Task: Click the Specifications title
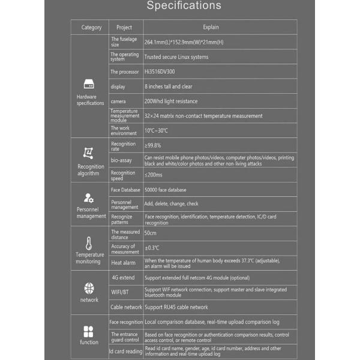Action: pyautogui.click(x=184, y=7)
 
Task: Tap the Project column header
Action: pyautogui.click(x=124, y=27)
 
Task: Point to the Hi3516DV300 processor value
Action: pyautogui.click(x=161, y=72)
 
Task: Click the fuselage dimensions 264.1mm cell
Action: pyautogui.click(x=183, y=43)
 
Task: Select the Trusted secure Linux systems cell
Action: pyautogui.click(x=176, y=57)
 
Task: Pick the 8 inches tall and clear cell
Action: pyautogui.click(x=169, y=86)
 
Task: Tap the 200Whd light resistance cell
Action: pyautogui.click(x=171, y=101)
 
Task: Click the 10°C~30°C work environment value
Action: pyautogui.click(x=157, y=130)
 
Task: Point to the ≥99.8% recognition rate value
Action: pyautogui.click(x=153, y=145)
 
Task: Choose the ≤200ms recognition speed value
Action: pyautogui.click(x=154, y=175)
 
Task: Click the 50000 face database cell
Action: pyautogui.click(x=166, y=190)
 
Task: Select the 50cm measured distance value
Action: pyautogui.click(x=151, y=233)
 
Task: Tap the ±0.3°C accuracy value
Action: pyautogui.click(x=152, y=248)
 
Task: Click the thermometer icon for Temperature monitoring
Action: pyautogui.click(x=89, y=243)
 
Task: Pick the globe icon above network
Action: pyautogui.click(x=89, y=288)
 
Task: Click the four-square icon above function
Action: pyautogui.click(x=89, y=331)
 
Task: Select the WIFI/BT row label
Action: pyautogui.click(x=119, y=292)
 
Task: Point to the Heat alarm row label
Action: pyautogui.click(x=123, y=263)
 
